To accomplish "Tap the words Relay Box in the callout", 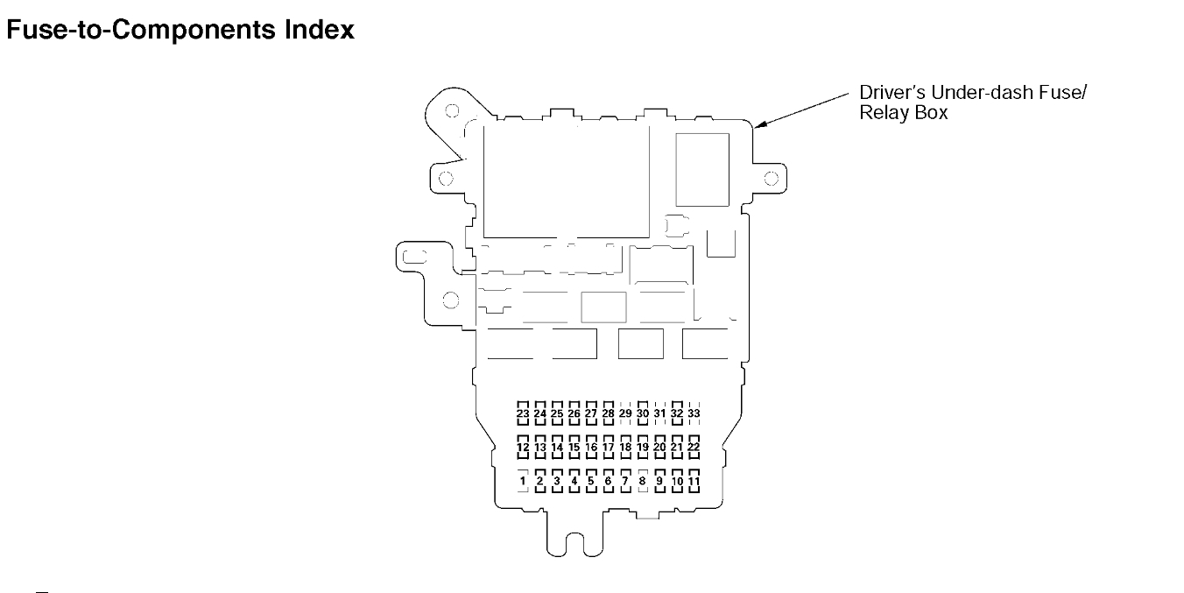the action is (x=904, y=113).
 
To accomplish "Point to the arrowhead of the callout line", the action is (x=759, y=128).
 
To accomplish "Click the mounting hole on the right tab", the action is (x=771, y=179).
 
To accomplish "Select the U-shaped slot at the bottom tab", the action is (x=574, y=543).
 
